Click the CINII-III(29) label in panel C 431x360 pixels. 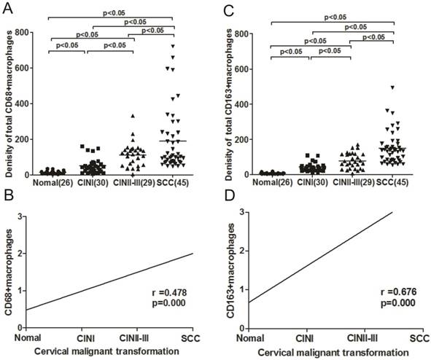pos(353,183)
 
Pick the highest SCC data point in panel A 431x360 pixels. pos(174,46)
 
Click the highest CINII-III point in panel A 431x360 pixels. pos(132,116)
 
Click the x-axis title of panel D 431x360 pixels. pos(335,353)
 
